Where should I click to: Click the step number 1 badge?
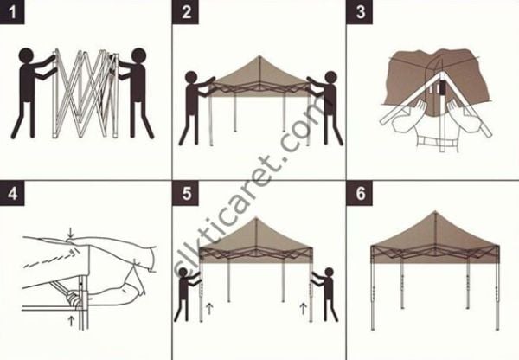(13, 13)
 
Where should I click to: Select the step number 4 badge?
(13, 193)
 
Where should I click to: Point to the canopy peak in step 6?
(432, 213)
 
